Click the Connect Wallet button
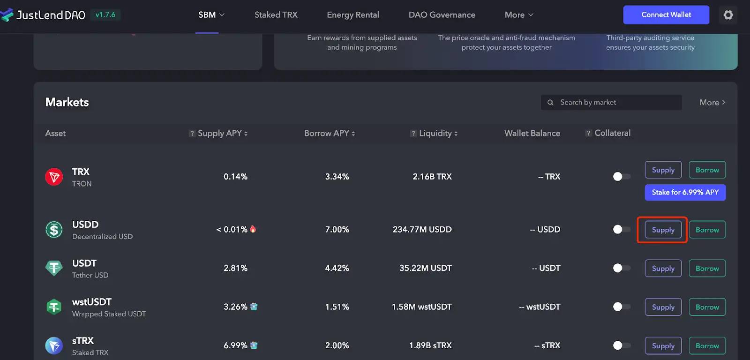(666, 15)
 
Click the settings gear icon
(728, 15)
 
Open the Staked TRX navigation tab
(276, 15)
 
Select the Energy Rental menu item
(353, 15)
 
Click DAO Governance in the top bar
(442, 15)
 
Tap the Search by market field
(614, 102)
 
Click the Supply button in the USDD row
(663, 230)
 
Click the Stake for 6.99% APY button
(685, 192)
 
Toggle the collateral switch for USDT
(621, 268)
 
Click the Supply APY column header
(219, 133)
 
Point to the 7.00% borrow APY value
(337, 230)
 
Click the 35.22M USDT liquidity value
(425, 268)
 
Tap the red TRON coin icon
(54, 177)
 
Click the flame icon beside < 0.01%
(253, 229)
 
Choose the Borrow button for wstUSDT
(707, 307)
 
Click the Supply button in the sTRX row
(663, 346)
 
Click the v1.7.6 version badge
(105, 15)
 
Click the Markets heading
(67, 102)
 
